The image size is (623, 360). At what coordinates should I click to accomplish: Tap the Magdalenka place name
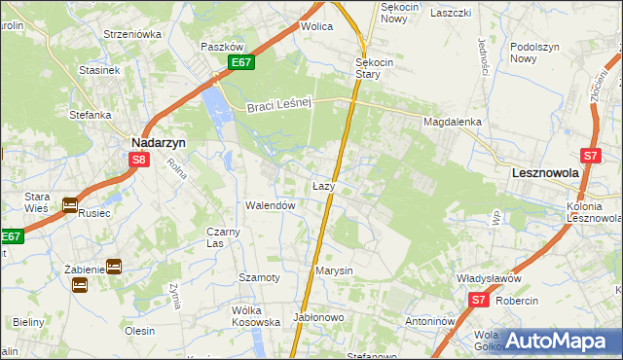pos(453,122)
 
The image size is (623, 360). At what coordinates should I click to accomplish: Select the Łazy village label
pos(324,185)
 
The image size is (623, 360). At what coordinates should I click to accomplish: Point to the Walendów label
pos(270,205)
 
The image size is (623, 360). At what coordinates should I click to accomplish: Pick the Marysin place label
pos(333,270)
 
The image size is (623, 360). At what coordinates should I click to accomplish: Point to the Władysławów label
pos(490,277)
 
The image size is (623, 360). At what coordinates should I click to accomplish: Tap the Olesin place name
pos(139,331)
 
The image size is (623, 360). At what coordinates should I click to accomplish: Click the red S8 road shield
pos(139,161)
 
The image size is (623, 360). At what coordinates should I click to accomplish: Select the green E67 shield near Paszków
pos(241,63)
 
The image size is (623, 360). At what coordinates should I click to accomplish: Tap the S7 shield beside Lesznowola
pos(589,155)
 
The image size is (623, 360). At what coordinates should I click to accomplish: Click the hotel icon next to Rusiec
pos(70,204)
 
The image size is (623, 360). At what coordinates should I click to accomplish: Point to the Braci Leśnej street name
pos(277,104)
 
